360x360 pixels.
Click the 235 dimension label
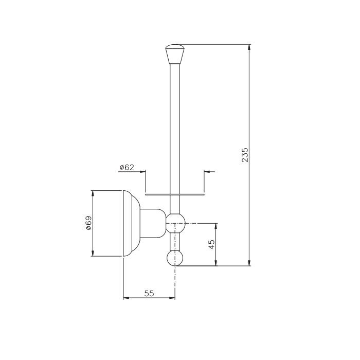[x=245, y=155]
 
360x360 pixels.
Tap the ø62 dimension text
[x=127, y=167]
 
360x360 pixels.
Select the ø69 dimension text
[x=88, y=223]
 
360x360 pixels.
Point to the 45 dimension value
[x=212, y=244]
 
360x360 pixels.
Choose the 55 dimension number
[x=149, y=293]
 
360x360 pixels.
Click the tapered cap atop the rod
[x=175, y=54]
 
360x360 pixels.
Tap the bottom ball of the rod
[x=175, y=258]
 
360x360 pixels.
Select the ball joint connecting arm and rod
[x=175, y=223]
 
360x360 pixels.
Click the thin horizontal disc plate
[x=175, y=195]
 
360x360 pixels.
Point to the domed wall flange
[x=132, y=223]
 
